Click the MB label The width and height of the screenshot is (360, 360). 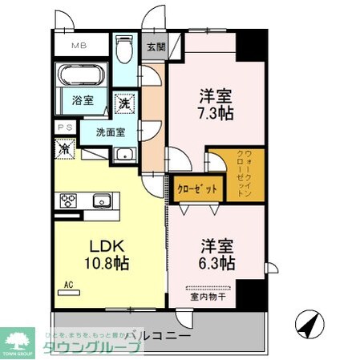click(81, 47)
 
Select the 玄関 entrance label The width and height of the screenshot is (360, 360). click(155, 47)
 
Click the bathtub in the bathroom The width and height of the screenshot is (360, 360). click(81, 79)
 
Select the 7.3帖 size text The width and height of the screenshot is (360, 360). click(216, 114)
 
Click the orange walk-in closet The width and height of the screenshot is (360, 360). click(231, 175)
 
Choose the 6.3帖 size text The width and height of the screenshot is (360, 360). click(217, 262)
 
